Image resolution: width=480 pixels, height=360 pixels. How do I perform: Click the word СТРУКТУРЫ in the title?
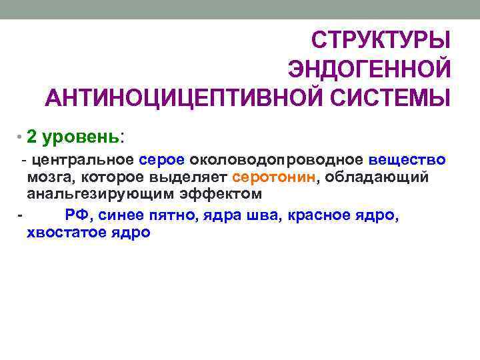pyautogui.click(x=382, y=40)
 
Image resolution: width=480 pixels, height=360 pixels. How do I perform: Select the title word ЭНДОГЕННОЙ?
pyautogui.click(x=369, y=69)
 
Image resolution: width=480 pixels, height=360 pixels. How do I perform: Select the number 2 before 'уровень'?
pyautogui.click(x=33, y=137)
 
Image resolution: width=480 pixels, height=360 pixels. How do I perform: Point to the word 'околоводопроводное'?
pyautogui.click(x=277, y=160)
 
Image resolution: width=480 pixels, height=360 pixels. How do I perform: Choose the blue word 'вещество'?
pyautogui.click(x=407, y=160)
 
